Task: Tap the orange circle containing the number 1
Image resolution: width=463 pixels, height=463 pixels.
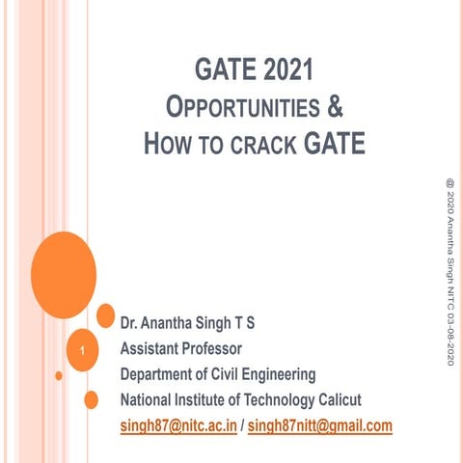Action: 84,350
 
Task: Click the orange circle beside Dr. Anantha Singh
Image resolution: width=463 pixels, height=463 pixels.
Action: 106,314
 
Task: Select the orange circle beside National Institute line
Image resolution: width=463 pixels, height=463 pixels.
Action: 92,399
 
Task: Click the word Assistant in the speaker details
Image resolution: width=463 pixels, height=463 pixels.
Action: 153,347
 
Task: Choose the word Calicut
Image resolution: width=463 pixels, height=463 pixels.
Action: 334,399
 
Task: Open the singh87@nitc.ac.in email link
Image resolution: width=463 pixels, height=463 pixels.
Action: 178,425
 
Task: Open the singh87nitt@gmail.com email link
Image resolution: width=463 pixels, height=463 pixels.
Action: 320,425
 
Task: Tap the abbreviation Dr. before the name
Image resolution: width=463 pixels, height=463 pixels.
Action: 129,321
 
